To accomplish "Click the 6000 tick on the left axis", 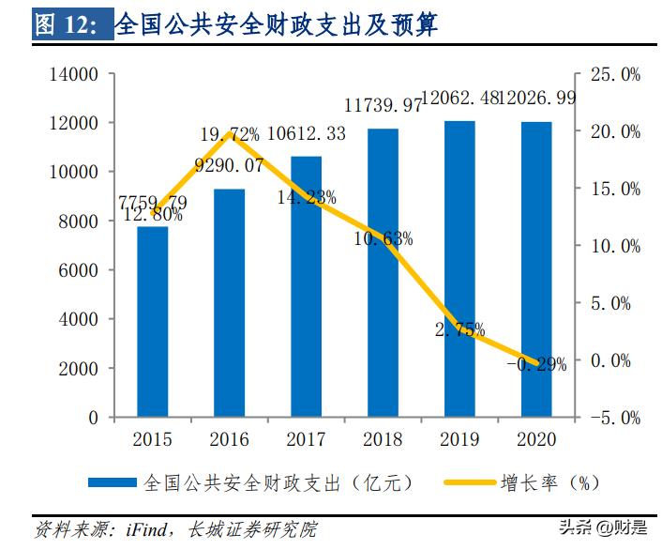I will click(x=80, y=270).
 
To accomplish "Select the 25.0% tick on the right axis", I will click(x=615, y=74).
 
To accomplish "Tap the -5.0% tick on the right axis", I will click(x=615, y=418).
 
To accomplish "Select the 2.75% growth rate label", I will click(x=459, y=329).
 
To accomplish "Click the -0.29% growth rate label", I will click(x=536, y=365).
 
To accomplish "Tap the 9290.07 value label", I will click(x=229, y=166).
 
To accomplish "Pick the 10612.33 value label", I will click(x=306, y=134).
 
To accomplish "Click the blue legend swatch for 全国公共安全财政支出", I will click(x=113, y=482).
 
